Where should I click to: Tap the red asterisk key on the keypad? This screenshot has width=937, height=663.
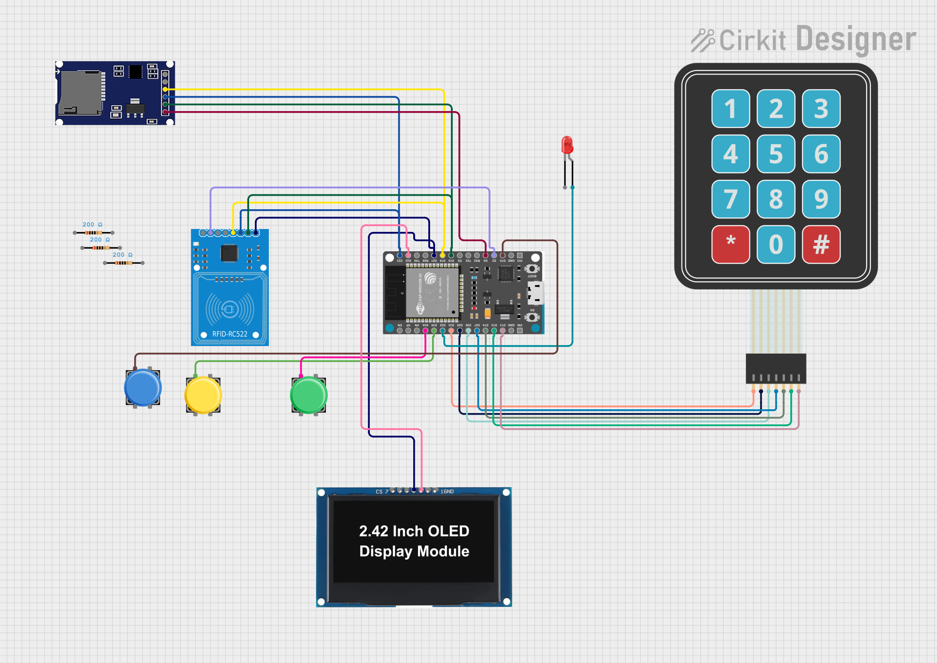coord(730,244)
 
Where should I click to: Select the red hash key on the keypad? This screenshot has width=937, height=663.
coord(821,244)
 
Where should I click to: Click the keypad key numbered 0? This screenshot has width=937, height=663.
coord(776,244)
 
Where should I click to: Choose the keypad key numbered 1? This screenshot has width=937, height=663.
coord(730,108)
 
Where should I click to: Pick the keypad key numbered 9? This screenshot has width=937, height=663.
coord(821,199)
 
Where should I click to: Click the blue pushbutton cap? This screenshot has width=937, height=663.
coord(143,387)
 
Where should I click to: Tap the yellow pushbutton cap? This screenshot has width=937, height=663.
coord(203,395)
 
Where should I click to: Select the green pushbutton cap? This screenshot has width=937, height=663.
coord(309,395)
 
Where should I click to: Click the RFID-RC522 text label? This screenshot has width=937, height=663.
coord(230,334)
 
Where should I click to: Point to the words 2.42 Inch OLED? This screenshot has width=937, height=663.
coord(414,531)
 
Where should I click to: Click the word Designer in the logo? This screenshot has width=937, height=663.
coord(856,40)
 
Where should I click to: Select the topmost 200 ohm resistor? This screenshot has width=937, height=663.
coord(94,232)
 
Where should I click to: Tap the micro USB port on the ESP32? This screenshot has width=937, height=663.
coord(536,293)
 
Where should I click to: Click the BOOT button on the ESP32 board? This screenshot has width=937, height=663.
coord(532,269)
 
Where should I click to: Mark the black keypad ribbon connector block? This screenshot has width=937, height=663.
coord(776,368)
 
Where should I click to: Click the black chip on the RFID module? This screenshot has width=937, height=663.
coord(229,253)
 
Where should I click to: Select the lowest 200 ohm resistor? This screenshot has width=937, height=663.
coord(124,263)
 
